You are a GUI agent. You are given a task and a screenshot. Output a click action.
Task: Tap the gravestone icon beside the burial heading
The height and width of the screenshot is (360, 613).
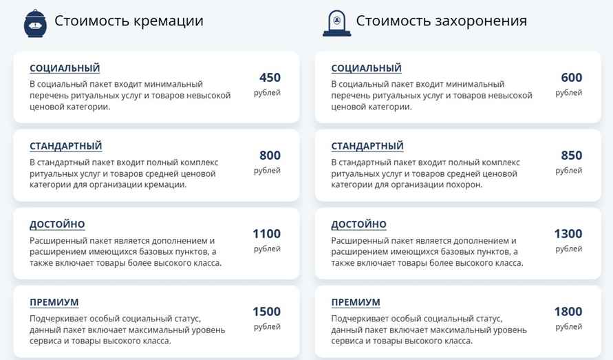tap(336, 23)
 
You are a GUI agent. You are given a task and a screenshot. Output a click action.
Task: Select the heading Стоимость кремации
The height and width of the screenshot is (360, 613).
tap(129, 21)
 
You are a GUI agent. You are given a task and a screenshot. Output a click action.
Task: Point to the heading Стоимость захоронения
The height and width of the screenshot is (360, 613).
tap(442, 21)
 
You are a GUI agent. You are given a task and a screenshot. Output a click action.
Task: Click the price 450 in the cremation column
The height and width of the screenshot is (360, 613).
tap(270, 78)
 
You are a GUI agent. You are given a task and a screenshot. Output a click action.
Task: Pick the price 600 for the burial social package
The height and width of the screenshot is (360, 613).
tap(571, 78)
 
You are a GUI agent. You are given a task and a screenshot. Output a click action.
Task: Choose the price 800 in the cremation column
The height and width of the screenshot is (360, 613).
tap(270, 156)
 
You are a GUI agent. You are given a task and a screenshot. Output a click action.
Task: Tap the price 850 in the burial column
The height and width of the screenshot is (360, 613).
tap(571, 156)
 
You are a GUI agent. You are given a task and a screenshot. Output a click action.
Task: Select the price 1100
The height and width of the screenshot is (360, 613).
tap(266, 234)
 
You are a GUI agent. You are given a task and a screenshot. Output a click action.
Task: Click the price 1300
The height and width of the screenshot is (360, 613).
tap(568, 234)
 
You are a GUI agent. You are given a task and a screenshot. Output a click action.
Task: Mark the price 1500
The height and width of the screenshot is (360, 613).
tap(266, 312)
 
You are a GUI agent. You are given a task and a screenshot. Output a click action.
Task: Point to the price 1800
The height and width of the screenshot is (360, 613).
tap(568, 312)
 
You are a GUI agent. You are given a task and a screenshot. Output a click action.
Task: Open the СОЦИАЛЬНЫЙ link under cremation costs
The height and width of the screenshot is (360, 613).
tap(65, 68)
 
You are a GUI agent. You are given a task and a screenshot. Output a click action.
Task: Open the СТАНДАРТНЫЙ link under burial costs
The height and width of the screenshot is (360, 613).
tap(367, 146)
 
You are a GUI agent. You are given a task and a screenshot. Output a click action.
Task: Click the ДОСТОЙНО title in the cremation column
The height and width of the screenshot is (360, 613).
tap(57, 224)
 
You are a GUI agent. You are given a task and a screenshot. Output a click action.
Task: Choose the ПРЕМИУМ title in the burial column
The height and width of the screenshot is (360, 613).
tap(356, 302)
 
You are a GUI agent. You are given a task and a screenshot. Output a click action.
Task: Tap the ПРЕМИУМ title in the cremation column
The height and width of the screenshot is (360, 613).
tap(54, 302)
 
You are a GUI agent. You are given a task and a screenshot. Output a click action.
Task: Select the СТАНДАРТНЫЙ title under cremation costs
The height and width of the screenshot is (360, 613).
tap(66, 146)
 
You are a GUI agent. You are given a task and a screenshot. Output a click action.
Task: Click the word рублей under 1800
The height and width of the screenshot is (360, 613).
tap(568, 327)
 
